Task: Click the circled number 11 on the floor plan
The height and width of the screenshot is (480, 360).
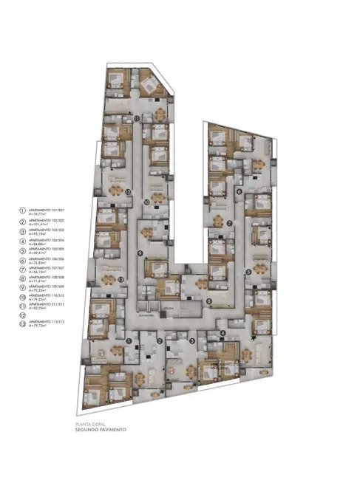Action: pos(137,118)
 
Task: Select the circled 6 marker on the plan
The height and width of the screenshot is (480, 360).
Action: pos(239,191)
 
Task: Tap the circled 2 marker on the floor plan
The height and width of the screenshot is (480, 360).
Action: pos(159,340)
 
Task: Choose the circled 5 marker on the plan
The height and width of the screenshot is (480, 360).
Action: pos(248,271)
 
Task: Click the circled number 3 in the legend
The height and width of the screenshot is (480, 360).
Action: pos(22,231)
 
